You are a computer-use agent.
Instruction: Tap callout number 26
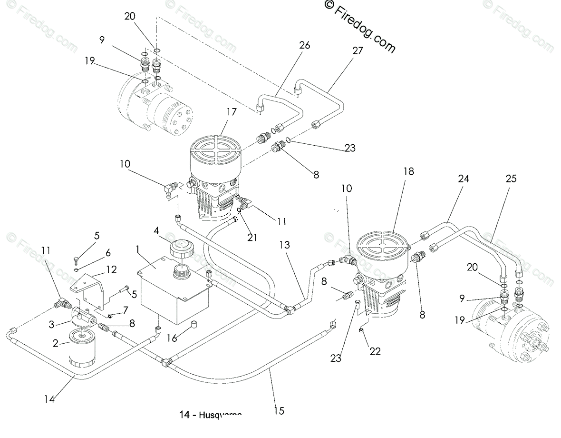coord(304,45)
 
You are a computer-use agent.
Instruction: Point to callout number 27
coord(358,51)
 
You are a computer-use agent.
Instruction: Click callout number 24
coord(464,179)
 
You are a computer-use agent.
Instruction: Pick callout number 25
coord(512,179)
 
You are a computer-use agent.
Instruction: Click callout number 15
coord(279,410)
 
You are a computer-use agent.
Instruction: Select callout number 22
coord(375,351)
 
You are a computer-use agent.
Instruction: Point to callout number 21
coord(252,237)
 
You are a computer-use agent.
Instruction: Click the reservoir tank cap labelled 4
coord(181,250)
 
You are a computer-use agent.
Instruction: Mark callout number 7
coord(126,310)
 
